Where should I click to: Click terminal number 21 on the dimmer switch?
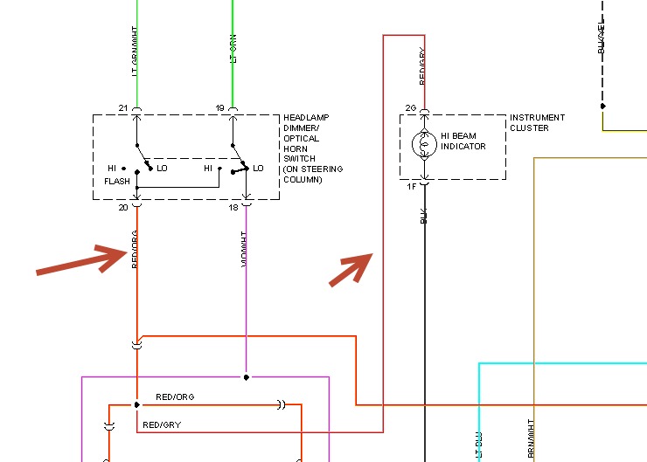pos(123,108)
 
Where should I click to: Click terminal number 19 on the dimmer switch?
pos(219,108)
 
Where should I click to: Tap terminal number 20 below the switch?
pos(123,207)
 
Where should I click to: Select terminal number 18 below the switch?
pos(233,207)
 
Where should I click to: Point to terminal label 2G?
pos(411,108)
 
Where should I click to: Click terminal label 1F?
pos(411,186)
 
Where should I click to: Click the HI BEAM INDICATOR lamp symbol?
pos(424,146)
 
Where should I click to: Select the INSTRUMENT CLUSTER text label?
pos(537,122)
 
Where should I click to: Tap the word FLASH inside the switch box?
pos(116,182)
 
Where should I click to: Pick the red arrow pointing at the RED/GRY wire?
pos(351,269)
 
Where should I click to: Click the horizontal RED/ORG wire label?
pos(175,397)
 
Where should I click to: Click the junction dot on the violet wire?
pos(247,377)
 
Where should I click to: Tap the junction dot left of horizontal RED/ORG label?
pos(137,405)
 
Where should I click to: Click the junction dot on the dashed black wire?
pos(602,107)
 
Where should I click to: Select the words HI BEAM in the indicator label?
pos(459,135)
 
